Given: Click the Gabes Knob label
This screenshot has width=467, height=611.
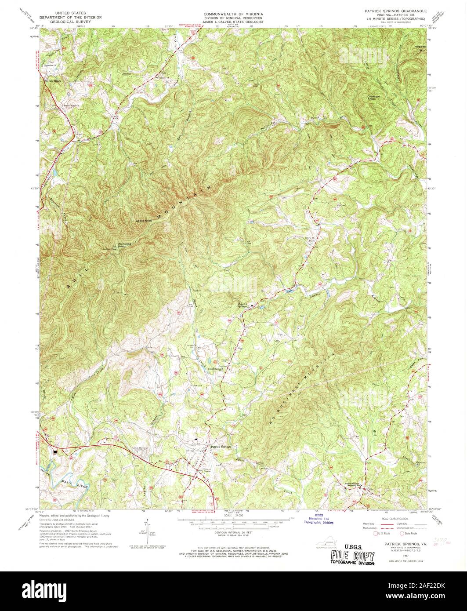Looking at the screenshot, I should pyautogui.click(x=144, y=221).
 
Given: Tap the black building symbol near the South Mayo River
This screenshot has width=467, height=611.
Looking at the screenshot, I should pyautogui.click(x=55, y=450).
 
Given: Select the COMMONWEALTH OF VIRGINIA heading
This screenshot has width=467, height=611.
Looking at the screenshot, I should pyautogui.click(x=233, y=13).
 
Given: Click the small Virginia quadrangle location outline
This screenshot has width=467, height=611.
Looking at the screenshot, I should pyautogui.click(x=324, y=543).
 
